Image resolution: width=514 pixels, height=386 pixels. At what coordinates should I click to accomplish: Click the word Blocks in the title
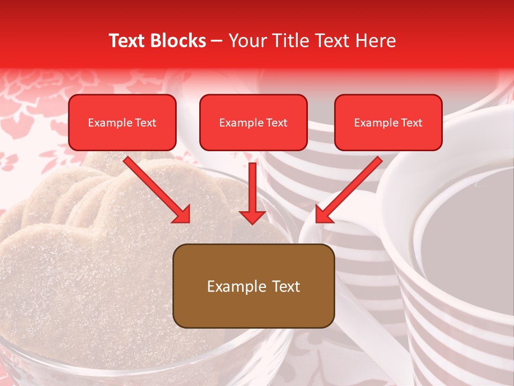[x=179, y=41]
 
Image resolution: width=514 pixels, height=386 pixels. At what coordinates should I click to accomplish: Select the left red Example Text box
[x=122, y=123]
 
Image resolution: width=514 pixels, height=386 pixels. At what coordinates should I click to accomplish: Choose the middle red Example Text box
[x=253, y=123]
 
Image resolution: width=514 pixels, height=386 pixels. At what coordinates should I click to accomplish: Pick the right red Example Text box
[x=388, y=123]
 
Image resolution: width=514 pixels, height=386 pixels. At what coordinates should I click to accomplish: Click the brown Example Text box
[x=253, y=286]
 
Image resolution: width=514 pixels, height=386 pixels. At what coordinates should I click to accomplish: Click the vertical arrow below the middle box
[x=253, y=188]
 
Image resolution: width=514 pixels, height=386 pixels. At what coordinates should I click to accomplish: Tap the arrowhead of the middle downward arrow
[x=253, y=217]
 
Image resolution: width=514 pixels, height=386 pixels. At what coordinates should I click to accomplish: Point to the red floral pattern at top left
[x=32, y=107]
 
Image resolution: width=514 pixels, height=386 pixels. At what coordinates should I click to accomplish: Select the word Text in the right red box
[x=411, y=123]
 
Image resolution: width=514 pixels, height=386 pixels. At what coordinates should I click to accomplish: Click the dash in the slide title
[x=217, y=41]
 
